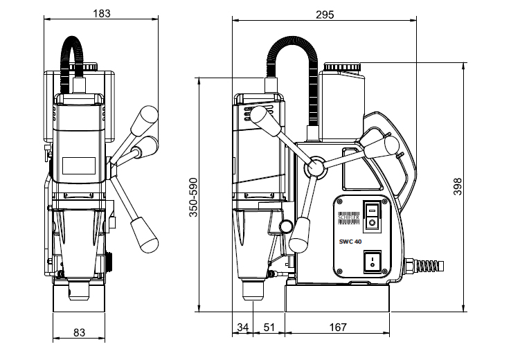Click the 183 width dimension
coord(101,13)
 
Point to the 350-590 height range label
coord(193,196)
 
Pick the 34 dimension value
coord(242,327)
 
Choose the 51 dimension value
coord(269,327)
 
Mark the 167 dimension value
coord(338,327)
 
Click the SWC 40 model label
coord(352,240)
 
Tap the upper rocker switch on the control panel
coord(373,215)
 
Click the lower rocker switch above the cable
coord(373,262)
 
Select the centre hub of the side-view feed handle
coord(316,167)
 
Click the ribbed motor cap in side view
coord(342,67)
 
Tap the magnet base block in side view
coord(337,298)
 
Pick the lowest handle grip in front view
coord(145,232)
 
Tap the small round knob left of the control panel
coord(285,226)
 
